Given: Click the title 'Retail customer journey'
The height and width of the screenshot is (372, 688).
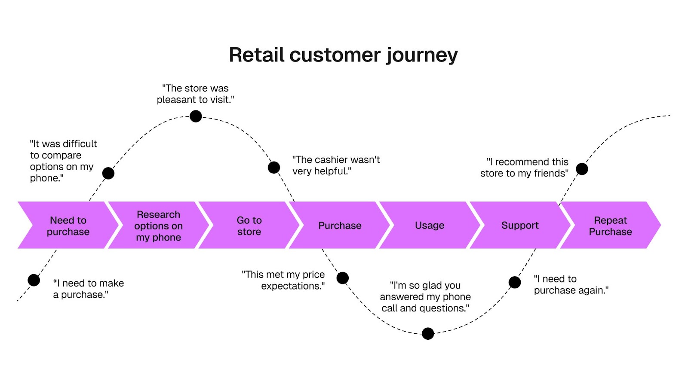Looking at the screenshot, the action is click(343, 55).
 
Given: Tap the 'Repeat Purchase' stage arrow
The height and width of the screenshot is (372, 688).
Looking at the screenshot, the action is click(610, 225).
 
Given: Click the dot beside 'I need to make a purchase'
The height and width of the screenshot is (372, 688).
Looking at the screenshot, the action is click(34, 280).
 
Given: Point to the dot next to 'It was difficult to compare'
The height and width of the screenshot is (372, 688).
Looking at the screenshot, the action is click(108, 174).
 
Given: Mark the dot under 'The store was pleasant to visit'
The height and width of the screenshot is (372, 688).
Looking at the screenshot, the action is click(196, 116).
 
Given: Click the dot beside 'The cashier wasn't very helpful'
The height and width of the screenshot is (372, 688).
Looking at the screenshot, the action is click(273, 168).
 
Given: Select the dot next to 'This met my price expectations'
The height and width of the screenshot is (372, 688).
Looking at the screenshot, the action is click(342, 278).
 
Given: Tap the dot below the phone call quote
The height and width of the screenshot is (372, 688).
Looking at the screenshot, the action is click(428, 333).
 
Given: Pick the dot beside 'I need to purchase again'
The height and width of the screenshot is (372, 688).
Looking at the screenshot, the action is click(515, 282).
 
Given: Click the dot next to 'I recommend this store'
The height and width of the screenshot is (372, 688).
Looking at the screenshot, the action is click(582, 169).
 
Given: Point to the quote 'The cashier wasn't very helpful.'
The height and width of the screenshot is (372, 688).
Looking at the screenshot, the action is click(336, 165).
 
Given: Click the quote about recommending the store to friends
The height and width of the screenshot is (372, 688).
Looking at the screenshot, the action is click(524, 168).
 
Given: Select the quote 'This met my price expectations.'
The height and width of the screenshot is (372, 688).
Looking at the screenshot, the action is click(283, 280).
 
